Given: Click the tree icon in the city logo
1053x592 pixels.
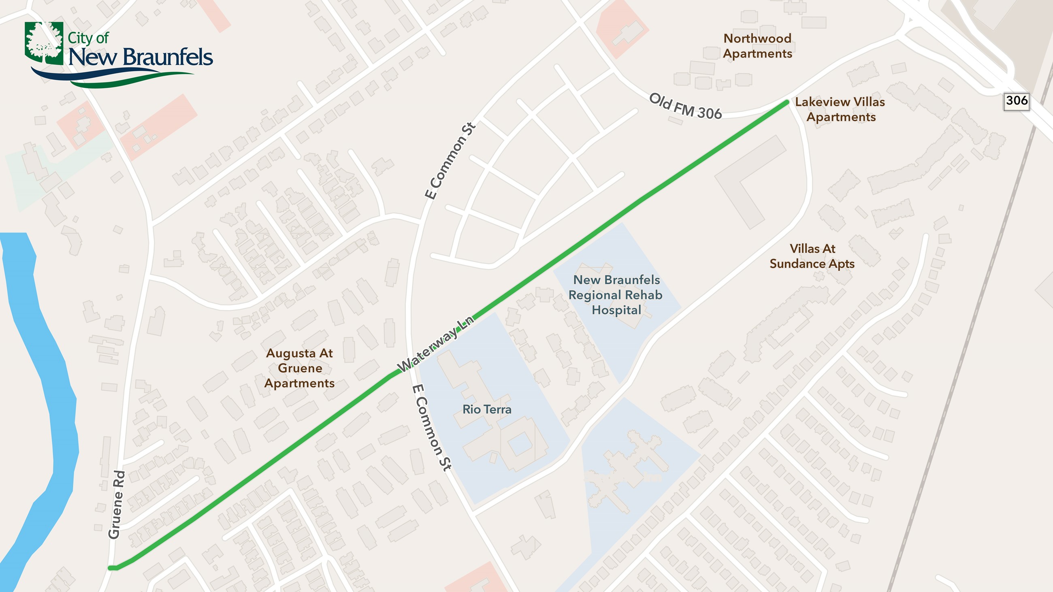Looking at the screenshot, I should [44, 43].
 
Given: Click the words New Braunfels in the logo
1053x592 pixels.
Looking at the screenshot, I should [140, 57].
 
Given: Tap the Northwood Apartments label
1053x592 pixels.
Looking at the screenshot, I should [757, 46].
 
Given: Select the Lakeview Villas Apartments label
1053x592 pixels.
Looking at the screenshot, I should [840, 109].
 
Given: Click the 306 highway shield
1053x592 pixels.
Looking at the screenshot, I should [1016, 101].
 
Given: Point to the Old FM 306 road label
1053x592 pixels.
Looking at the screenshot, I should [685, 106].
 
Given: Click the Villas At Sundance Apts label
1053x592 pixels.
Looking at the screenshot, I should [812, 256].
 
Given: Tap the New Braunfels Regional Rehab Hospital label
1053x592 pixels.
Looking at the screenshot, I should [616, 294].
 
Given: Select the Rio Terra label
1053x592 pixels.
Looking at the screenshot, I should [486, 409].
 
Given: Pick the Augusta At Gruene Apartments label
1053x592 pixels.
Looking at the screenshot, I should [299, 368].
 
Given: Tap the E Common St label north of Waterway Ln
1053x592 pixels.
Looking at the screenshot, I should [450, 160].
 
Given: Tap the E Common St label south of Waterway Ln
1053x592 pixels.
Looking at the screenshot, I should [431, 427].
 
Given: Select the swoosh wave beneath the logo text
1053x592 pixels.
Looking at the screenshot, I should [111, 78].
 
